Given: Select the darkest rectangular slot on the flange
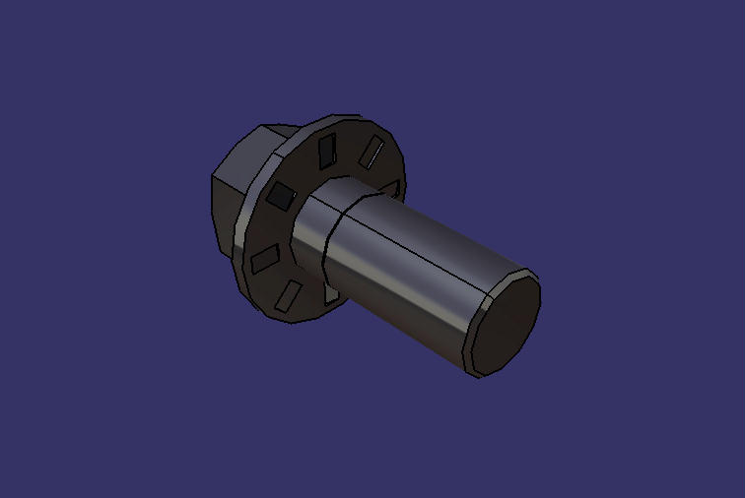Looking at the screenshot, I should pos(281,197).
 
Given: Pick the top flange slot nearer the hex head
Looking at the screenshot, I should pos(326,150).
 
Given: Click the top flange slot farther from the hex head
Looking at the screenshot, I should pos(372,153).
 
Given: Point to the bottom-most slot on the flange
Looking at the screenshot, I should pos(291,294).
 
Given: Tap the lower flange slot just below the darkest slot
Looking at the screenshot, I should pos(264,259).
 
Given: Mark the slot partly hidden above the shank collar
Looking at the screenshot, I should pos(392,187).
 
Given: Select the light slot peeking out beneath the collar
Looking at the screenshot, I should pos(332,293).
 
